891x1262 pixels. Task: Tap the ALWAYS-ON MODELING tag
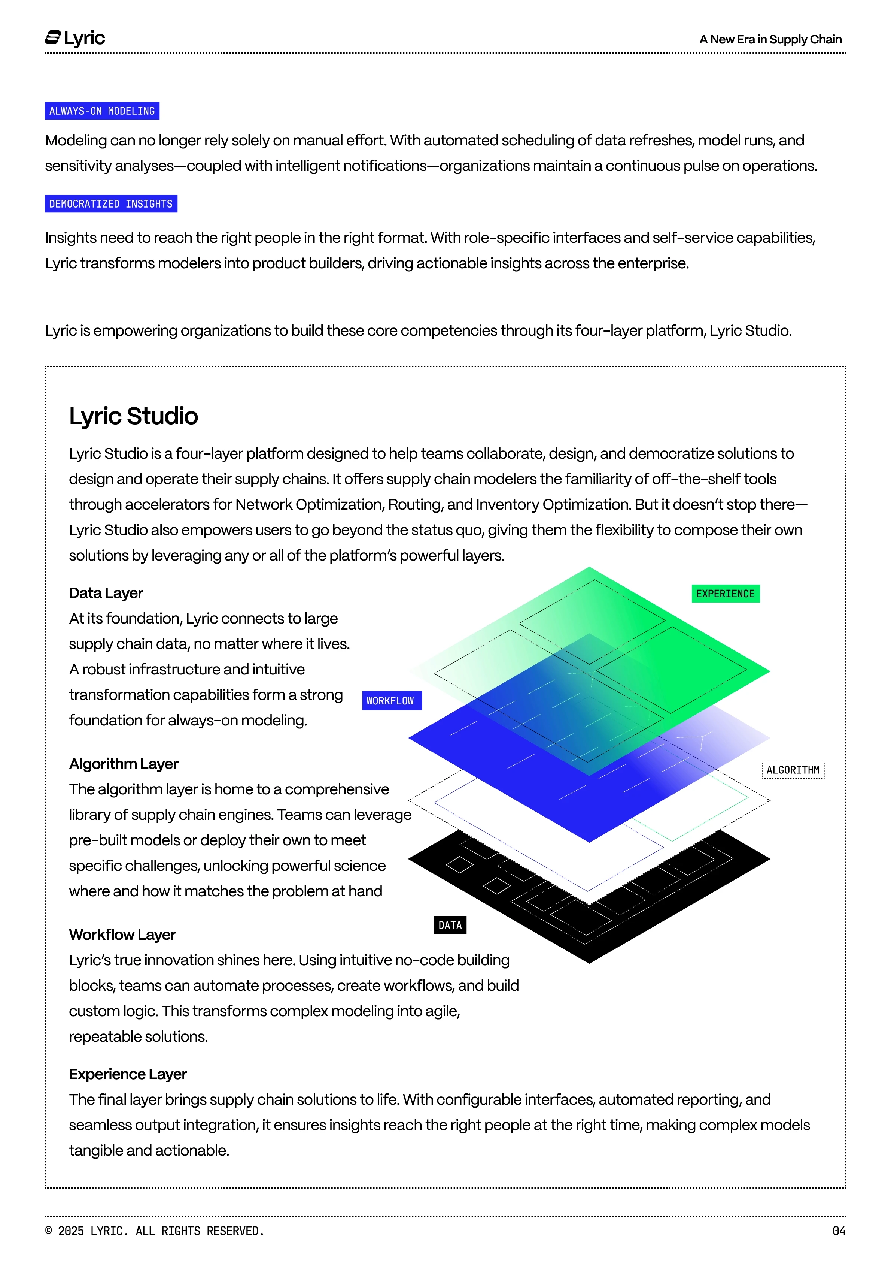[x=102, y=111]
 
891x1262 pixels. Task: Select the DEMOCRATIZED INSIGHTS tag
[x=111, y=204]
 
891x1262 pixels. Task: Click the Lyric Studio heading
[x=134, y=416]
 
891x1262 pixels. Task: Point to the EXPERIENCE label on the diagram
[x=725, y=594]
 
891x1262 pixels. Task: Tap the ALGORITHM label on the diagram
[x=793, y=770]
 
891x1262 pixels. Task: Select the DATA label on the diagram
[x=450, y=925]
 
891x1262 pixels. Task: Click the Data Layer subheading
[x=106, y=593]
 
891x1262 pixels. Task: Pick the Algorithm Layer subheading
[x=124, y=764]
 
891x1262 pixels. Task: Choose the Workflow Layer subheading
[x=122, y=935]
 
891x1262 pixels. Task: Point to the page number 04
[x=839, y=1231]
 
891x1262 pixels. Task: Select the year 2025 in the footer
[x=71, y=1231]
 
